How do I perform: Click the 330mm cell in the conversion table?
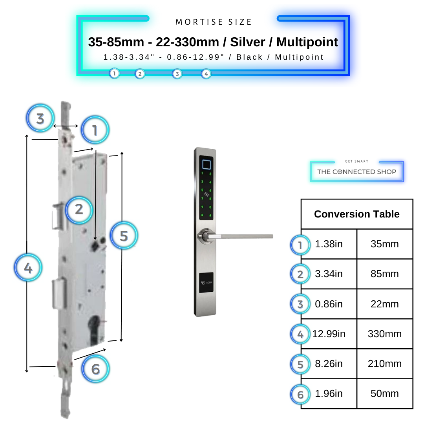click(384, 334)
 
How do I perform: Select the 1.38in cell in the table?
click(329, 244)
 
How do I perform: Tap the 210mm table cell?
click(384, 364)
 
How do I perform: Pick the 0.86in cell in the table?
click(329, 304)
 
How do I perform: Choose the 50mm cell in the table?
click(384, 394)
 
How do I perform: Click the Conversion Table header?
click(356, 214)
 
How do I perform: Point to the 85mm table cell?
click(384, 274)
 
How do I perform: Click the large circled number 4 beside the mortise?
click(28, 268)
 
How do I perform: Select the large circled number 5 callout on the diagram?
click(124, 236)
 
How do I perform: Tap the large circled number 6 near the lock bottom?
click(96, 369)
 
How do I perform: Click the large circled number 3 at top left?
click(40, 118)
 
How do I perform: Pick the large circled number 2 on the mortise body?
click(79, 209)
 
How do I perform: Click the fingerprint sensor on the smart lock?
click(205, 163)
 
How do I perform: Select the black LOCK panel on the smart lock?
click(206, 283)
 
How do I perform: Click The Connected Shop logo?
click(356, 172)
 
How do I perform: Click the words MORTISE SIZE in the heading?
click(214, 22)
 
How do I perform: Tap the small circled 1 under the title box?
click(114, 73)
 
